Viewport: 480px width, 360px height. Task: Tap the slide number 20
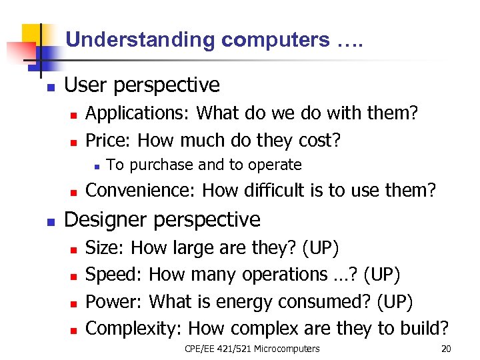tap(446, 349)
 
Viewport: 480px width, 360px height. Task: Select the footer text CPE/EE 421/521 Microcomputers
tap(251, 349)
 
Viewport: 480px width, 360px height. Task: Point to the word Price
tap(107, 141)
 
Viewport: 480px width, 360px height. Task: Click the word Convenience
tap(140, 191)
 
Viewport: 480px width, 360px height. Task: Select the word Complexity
tap(135, 328)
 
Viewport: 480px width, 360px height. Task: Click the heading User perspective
tap(141, 85)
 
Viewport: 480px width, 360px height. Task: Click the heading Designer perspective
tap(162, 219)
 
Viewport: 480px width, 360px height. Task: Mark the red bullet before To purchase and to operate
tap(97, 165)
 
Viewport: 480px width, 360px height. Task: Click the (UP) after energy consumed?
tap(395, 301)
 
